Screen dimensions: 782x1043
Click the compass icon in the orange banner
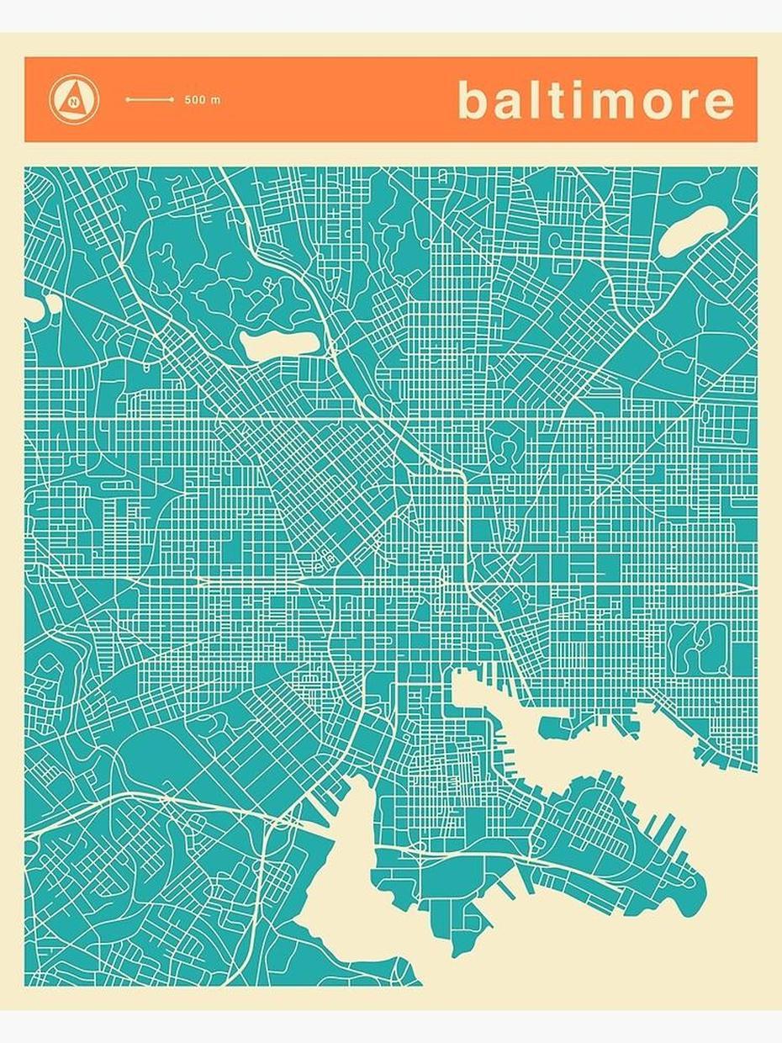tap(74, 99)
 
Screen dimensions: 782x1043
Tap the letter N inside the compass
tap(74, 103)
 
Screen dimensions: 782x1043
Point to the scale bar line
tap(149, 99)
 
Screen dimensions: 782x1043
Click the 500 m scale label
tap(203, 100)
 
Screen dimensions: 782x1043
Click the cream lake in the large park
tap(279, 342)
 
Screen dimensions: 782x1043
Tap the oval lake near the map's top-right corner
tap(692, 230)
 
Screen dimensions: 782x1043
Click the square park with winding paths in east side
tap(697, 647)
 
